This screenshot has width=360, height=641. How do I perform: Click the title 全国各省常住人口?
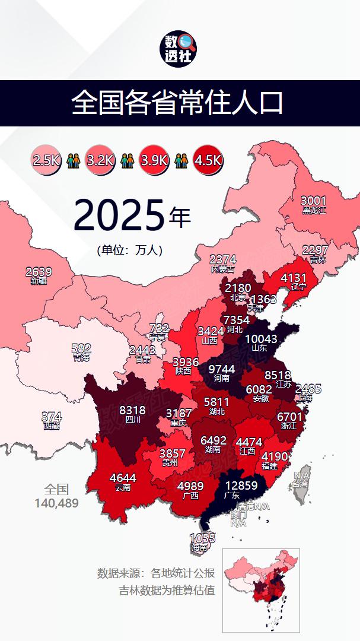coord(177,103)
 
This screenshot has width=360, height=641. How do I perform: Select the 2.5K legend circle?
coord(46,160)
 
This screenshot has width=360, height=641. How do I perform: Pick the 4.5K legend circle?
coord(208,160)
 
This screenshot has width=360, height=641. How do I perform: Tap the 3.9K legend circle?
coord(154,160)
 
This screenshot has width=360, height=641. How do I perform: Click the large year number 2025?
coord(119,215)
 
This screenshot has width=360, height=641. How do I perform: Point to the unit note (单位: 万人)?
coord(129,250)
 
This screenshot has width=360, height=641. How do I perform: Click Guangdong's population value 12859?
coord(237,485)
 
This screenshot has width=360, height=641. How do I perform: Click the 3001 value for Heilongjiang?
coord(314,201)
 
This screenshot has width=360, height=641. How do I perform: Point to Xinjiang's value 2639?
coord(39,272)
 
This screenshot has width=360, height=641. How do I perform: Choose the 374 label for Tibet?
coord(51,417)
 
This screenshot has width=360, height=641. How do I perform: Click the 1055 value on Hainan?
coord(202,538)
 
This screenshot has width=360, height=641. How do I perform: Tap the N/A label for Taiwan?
coord(302,475)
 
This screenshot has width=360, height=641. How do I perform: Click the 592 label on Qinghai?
coord(81,348)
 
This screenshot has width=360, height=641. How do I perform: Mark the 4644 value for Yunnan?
coord(123,478)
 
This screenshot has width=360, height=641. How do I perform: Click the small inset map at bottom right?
coord(261,590)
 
